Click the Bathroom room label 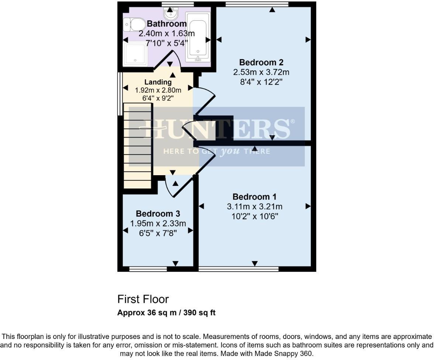(166, 24)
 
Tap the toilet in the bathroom (135, 25)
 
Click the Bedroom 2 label (258, 62)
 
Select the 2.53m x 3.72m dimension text (261, 72)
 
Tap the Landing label (158, 82)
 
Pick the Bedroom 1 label (254, 197)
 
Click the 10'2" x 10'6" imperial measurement (254, 216)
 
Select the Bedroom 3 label (158, 214)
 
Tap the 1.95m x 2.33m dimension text (158, 223)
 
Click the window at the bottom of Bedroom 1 (238, 269)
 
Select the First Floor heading (143, 299)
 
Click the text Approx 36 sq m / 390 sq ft (166, 313)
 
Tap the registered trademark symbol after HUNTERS (293, 121)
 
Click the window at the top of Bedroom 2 (257, 4)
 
